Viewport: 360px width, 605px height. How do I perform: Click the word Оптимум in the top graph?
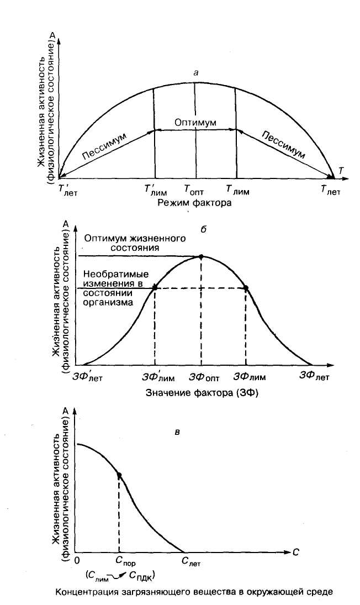pyautogui.click(x=194, y=122)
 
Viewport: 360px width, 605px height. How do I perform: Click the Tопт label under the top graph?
pyautogui.click(x=194, y=191)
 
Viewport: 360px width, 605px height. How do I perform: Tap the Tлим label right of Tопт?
pyautogui.click(x=238, y=191)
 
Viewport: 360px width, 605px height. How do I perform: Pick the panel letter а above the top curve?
pyautogui.click(x=194, y=73)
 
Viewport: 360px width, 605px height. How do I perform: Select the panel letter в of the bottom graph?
pyautogui.click(x=176, y=431)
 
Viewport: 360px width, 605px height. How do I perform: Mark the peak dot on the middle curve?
pyautogui.click(x=201, y=256)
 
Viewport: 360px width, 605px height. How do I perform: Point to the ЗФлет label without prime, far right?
pyautogui.click(x=315, y=377)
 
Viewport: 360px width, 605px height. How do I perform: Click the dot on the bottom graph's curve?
pyautogui.click(x=119, y=475)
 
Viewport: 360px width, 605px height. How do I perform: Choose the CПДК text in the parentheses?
pyautogui.click(x=141, y=576)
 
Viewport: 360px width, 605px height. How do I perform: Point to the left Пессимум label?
pyautogui.click(x=104, y=149)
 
